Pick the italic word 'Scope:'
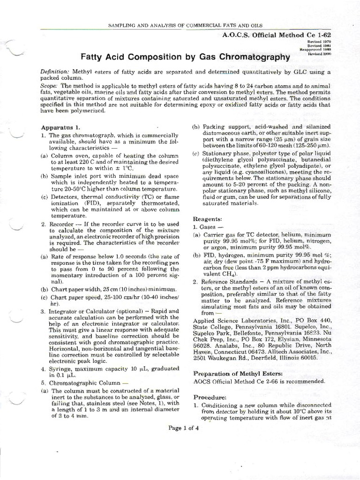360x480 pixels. coord(49,87)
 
